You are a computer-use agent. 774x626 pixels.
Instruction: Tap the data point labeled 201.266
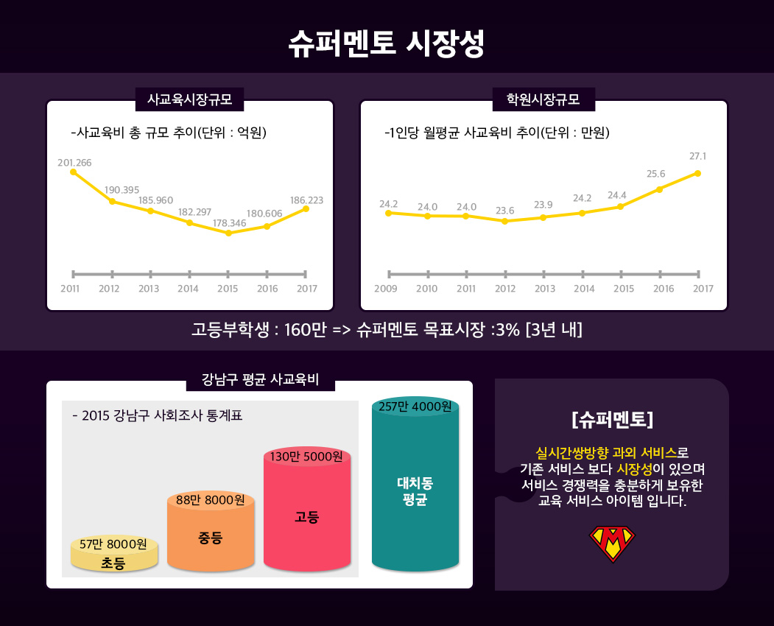point(73,172)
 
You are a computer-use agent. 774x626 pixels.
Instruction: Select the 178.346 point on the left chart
point(228,233)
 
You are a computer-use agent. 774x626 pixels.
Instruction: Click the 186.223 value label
point(306,200)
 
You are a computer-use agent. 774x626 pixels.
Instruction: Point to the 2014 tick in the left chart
point(189,288)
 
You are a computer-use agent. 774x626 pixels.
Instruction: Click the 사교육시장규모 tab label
point(190,99)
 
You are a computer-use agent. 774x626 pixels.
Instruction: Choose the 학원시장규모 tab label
point(543,99)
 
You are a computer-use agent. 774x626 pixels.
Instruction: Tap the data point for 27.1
point(697,173)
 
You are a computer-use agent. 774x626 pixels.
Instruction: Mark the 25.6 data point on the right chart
point(659,189)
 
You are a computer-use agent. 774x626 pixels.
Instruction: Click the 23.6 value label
point(504,210)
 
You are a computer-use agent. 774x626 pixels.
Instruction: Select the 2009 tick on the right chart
point(386,288)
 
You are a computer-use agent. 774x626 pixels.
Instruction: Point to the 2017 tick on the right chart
point(703,288)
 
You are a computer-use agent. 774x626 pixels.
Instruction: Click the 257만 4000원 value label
point(415,407)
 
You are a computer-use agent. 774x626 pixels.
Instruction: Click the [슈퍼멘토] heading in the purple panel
point(612,420)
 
